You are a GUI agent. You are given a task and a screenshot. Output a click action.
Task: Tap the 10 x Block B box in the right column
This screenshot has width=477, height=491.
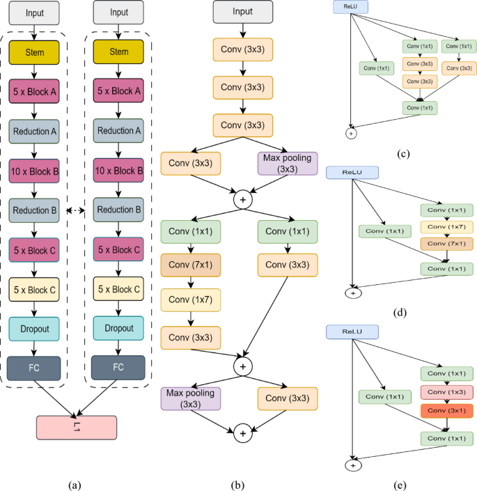[120, 170]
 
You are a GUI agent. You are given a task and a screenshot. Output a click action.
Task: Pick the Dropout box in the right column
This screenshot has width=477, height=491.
[120, 327]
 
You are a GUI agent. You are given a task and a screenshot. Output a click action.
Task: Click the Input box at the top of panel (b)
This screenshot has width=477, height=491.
[242, 12]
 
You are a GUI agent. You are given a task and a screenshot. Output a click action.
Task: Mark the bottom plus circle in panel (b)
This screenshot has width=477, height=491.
[242, 432]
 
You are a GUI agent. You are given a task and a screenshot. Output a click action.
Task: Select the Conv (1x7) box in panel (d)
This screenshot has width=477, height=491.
[446, 227]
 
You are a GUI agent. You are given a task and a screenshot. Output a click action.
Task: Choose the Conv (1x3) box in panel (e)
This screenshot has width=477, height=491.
[446, 393]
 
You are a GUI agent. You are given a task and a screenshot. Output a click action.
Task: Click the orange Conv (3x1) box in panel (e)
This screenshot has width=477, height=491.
[446, 411]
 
